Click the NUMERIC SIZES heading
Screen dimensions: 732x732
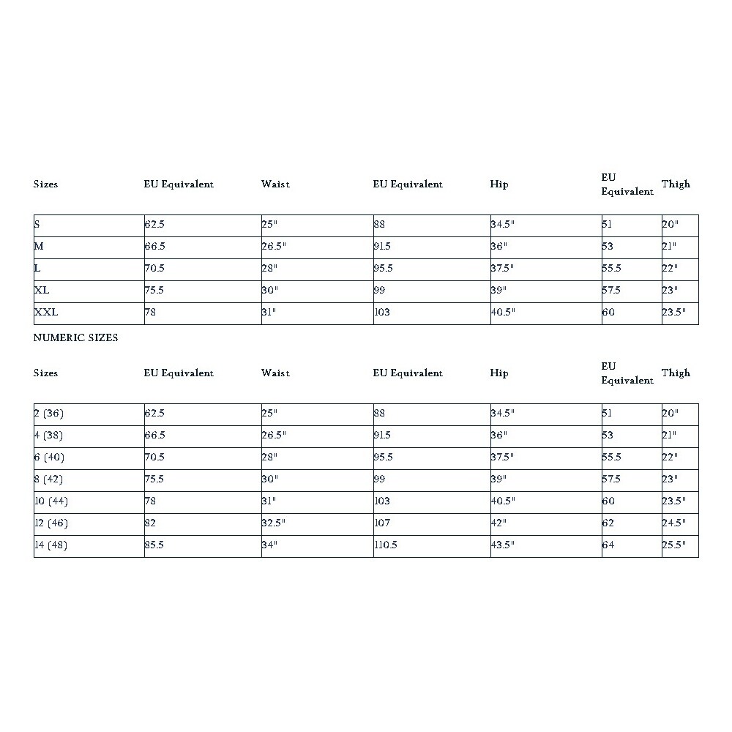(x=75, y=338)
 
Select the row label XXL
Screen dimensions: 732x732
(x=46, y=313)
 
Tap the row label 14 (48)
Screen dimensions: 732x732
(x=51, y=545)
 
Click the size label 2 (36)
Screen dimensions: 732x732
(x=49, y=414)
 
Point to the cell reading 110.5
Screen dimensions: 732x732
(x=386, y=545)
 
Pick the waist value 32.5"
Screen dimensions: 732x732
(x=273, y=523)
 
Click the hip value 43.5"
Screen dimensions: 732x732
(x=503, y=545)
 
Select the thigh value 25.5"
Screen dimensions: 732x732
(x=673, y=545)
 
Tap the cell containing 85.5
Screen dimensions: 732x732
(x=154, y=545)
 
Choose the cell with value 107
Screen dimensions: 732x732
(x=382, y=523)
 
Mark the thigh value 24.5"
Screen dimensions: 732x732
(x=673, y=523)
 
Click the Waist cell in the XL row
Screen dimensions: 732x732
(x=270, y=291)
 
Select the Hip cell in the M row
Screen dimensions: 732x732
(x=498, y=247)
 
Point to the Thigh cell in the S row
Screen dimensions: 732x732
(x=671, y=225)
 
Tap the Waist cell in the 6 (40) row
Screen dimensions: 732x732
(x=270, y=457)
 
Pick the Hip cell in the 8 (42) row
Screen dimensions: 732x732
(x=498, y=479)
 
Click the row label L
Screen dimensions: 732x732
(x=37, y=269)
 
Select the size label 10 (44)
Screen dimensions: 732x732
(x=51, y=501)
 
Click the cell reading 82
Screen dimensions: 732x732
(x=151, y=523)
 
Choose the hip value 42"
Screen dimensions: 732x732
(x=498, y=523)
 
